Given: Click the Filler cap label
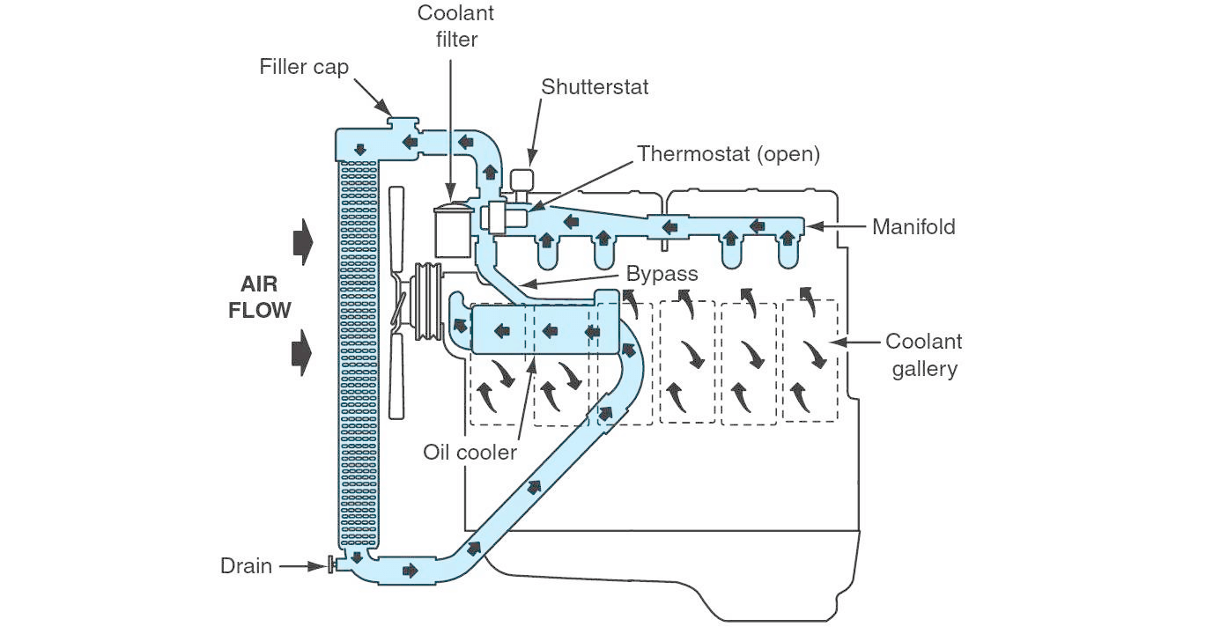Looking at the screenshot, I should [304, 67].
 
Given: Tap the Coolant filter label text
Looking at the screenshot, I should [455, 26].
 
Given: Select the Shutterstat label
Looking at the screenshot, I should [595, 86].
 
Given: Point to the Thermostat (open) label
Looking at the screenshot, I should [729, 153].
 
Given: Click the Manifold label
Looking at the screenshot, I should [913, 227].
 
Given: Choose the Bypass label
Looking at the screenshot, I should [662, 273].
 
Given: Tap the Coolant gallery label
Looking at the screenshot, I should [923, 355].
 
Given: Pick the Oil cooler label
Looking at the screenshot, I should [470, 452].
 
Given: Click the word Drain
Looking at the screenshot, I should [246, 566].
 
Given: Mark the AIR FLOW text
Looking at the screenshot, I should [265, 298].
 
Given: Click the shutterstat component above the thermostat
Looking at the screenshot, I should [523, 181].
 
